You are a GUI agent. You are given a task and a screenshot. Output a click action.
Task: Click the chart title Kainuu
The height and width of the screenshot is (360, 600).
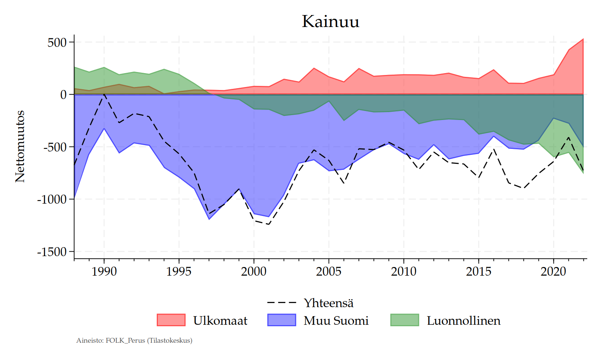coord(330,21)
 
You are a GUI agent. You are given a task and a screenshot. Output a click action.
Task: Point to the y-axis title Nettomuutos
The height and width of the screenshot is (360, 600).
coord(20,147)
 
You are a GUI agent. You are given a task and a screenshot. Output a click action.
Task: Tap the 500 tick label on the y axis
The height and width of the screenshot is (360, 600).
coord(57,42)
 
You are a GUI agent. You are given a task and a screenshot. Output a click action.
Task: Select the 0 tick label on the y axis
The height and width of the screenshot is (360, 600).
coord(63,94)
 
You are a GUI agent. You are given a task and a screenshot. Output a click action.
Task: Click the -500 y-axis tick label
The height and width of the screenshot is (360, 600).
coord(55,147)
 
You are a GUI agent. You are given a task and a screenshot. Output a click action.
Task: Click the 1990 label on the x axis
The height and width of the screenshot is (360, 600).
coord(104,271)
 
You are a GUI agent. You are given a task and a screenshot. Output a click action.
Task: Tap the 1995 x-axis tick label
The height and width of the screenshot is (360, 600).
coord(179,271)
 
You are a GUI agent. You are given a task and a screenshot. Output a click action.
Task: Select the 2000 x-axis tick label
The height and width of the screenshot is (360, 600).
coord(254,271)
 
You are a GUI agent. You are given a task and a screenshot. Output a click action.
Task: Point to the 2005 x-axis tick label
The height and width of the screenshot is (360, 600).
coord(329,271)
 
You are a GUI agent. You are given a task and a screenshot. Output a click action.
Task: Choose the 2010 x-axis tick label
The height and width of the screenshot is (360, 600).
coord(404,271)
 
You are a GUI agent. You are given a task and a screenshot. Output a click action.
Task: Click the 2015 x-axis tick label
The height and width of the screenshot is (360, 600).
coord(478,271)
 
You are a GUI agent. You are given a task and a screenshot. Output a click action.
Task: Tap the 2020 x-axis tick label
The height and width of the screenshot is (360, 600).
coord(553,271)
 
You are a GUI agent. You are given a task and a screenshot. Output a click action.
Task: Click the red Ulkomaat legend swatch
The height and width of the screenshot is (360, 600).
coord(171,320)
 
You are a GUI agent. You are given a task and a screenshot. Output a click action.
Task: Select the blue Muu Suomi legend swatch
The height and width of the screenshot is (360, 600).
coord(282,320)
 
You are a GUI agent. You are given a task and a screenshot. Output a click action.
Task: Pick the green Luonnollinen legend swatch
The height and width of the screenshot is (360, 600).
coord(405,320)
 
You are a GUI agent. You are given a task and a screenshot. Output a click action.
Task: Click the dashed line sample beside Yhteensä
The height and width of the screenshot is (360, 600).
coord(282,303)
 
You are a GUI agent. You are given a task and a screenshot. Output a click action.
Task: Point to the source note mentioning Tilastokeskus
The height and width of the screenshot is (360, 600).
coord(134,340)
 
